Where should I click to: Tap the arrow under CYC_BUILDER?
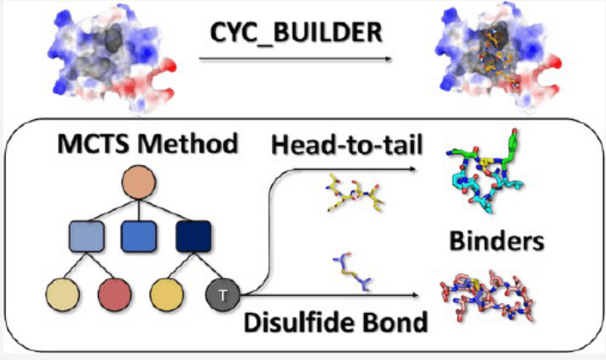[x=294, y=59]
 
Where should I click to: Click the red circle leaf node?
[x=113, y=295]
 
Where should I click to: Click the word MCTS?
[x=80, y=143]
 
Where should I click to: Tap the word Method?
[x=179, y=143]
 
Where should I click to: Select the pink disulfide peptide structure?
[x=494, y=301]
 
